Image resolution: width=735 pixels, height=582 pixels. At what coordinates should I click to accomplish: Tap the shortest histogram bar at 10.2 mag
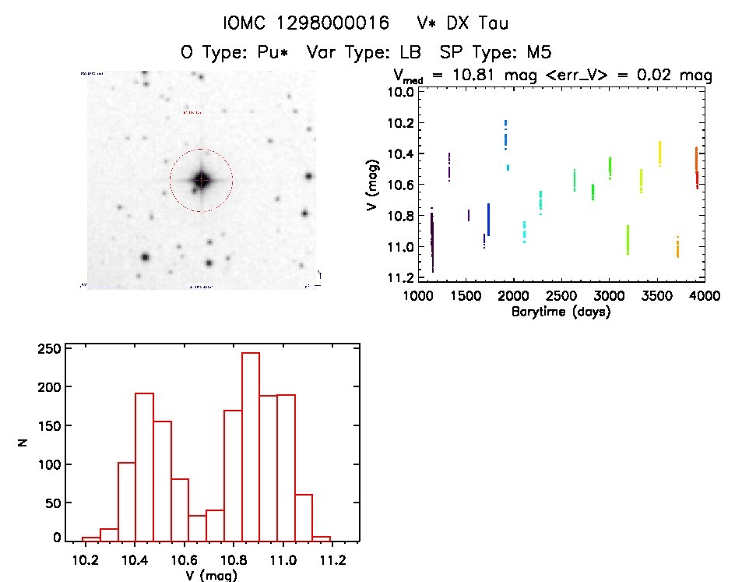click(x=91, y=538)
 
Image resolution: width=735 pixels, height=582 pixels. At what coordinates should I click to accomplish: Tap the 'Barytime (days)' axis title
click(x=561, y=312)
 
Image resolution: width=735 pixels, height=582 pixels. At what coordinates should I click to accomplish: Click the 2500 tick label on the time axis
click(x=561, y=297)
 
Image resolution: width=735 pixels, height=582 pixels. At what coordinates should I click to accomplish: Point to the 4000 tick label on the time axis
click(x=705, y=297)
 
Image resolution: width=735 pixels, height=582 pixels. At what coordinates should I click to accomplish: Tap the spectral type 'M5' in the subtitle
click(x=536, y=53)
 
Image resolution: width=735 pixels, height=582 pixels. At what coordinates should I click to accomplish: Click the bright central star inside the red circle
click(x=201, y=180)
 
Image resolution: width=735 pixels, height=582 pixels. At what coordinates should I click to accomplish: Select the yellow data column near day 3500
click(x=659, y=153)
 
